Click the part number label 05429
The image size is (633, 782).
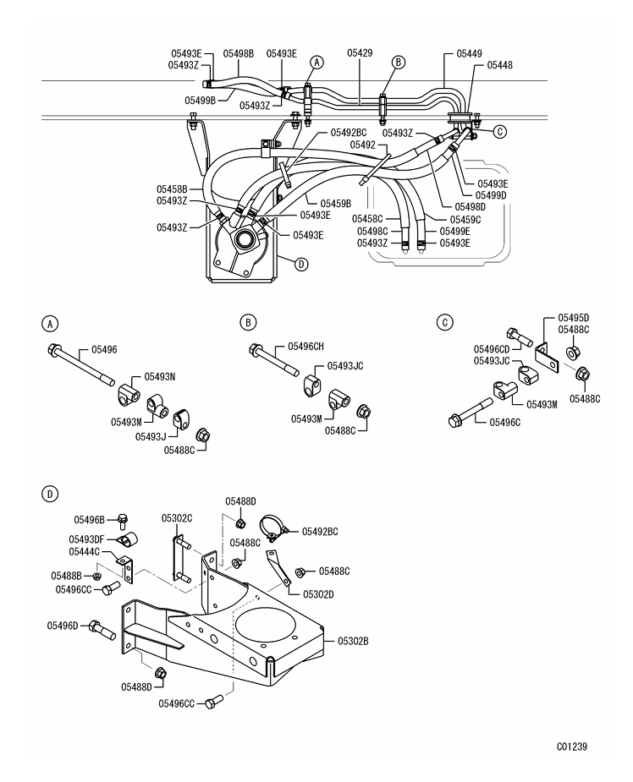coord(360,52)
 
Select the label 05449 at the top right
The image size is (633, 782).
coord(470,52)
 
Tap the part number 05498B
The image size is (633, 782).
coord(239,52)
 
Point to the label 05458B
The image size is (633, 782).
coord(172,189)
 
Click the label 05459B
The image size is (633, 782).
coord(335,203)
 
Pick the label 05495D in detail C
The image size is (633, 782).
coord(573,317)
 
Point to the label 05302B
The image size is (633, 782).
coord(354,642)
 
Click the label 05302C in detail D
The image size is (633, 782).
coord(178,518)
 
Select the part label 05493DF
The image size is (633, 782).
coord(86,539)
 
